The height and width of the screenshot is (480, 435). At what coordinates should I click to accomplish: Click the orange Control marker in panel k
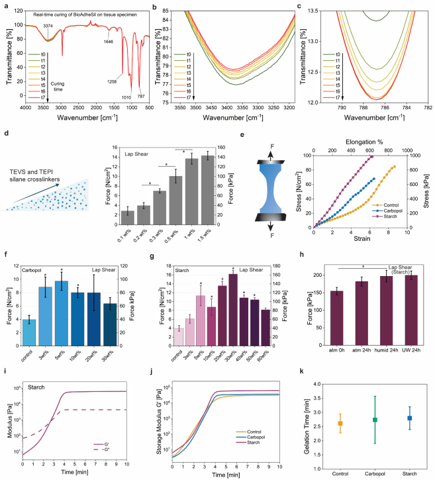click(x=340, y=423)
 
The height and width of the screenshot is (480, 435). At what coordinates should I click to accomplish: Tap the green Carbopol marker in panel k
click(x=376, y=420)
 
